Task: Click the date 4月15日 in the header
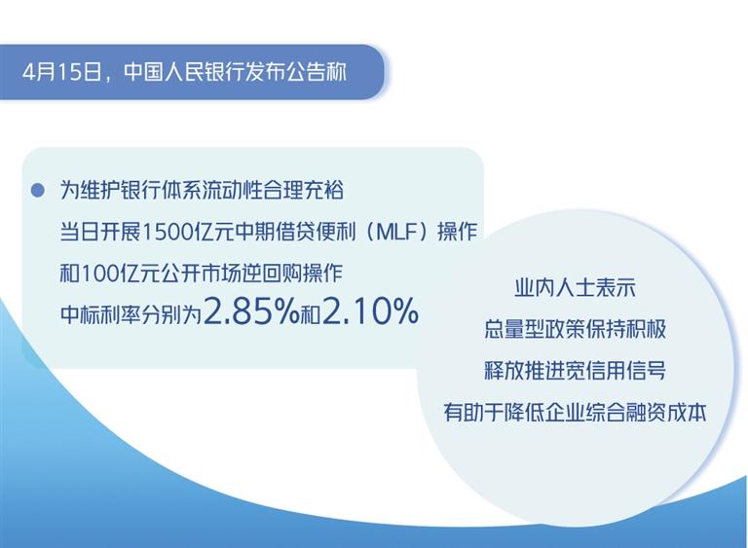pos(62,72)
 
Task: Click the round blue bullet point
pos(37,191)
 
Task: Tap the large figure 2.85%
pos(251,311)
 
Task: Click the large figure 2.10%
pos(371,311)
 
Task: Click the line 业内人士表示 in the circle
pos(575,288)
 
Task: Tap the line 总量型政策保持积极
pos(575,330)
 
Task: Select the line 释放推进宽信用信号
pos(575,371)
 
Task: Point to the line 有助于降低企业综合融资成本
pos(575,413)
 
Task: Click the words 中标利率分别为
pos(131,314)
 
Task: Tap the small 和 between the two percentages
pos(311,314)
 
